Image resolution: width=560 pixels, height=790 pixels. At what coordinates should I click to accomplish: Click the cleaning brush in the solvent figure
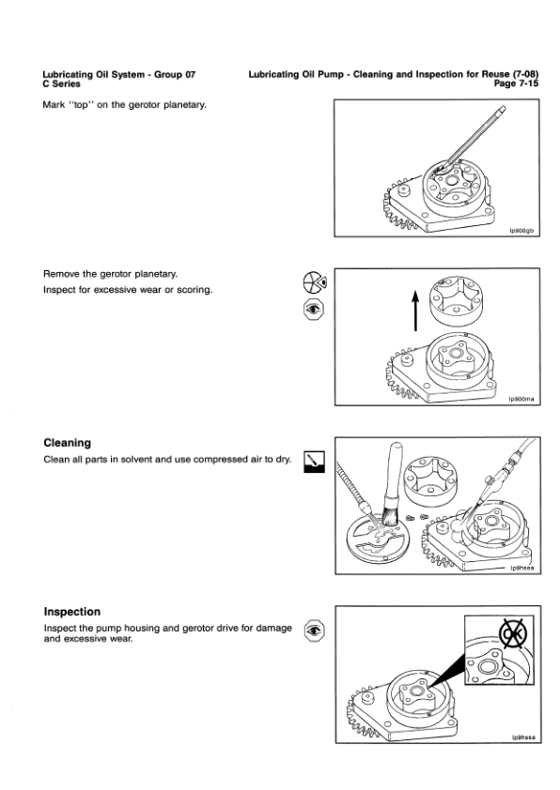click(393, 488)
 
